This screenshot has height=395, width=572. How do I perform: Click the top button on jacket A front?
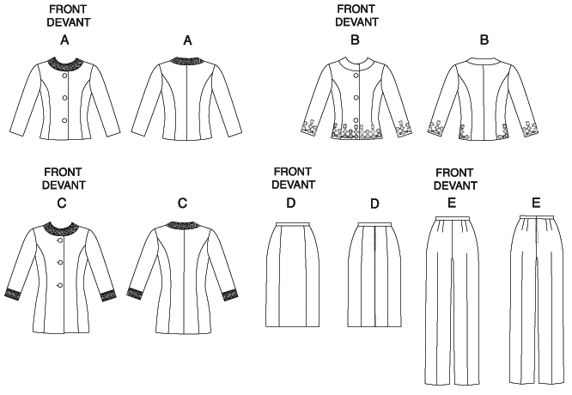[65, 75]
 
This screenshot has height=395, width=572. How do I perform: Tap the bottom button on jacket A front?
[64, 120]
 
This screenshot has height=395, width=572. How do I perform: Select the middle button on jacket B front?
[356, 97]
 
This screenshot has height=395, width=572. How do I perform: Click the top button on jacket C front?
[59, 240]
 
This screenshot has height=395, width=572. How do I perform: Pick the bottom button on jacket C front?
[59, 285]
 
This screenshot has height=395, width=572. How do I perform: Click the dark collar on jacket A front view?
[64, 64]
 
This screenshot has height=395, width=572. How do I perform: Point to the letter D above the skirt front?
[290, 203]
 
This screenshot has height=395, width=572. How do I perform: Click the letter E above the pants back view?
[536, 203]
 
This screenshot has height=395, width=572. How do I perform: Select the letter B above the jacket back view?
[484, 39]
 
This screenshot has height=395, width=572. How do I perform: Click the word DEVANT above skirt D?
[293, 185]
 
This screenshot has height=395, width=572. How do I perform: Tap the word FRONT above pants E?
[454, 172]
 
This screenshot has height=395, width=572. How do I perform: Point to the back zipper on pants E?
[537, 230]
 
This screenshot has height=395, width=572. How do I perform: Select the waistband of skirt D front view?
[293, 224]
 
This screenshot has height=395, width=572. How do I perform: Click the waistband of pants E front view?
[453, 218]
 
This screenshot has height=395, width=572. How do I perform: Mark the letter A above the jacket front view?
[64, 39]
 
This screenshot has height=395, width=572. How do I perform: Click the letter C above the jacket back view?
[182, 203]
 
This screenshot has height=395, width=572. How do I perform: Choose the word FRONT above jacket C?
[63, 172]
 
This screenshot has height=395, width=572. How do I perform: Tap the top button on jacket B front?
[356, 75]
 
